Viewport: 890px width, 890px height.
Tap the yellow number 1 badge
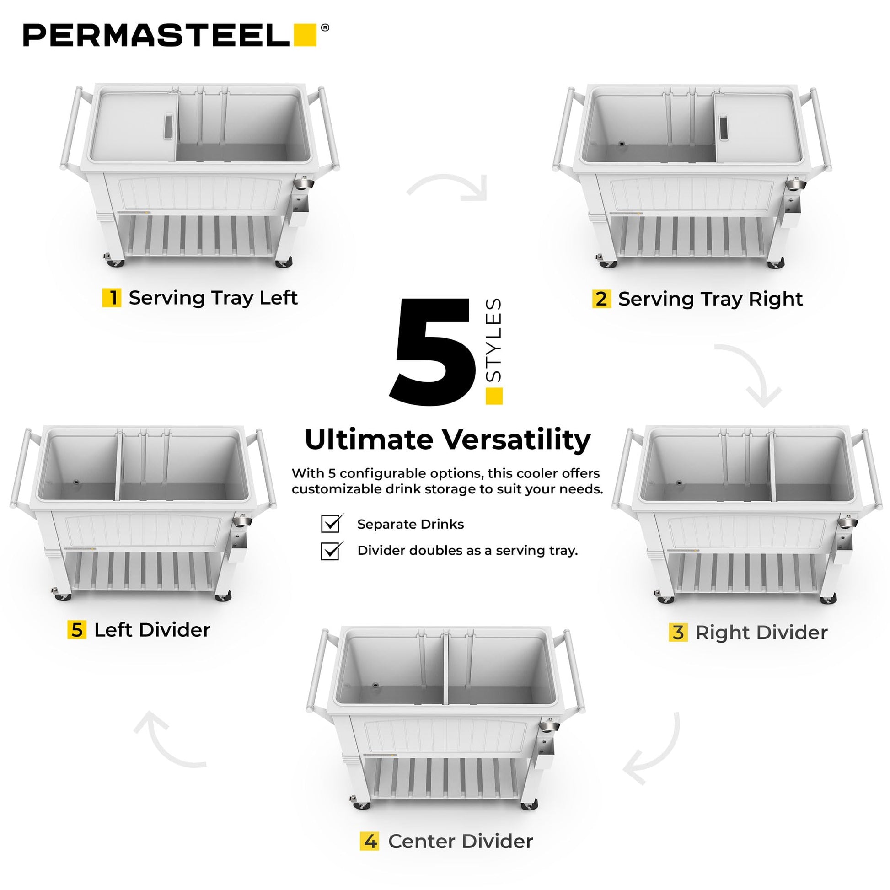coord(112,298)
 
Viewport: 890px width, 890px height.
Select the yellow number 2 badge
coord(601,299)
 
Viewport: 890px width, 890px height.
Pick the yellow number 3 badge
coord(678,632)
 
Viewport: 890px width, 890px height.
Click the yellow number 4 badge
coord(370,841)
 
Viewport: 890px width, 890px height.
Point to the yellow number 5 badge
coord(77,630)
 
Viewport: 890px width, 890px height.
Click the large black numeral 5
coord(432,353)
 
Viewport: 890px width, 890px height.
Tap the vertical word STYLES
coord(493,340)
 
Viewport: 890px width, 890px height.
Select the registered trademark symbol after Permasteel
coord(325,27)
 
